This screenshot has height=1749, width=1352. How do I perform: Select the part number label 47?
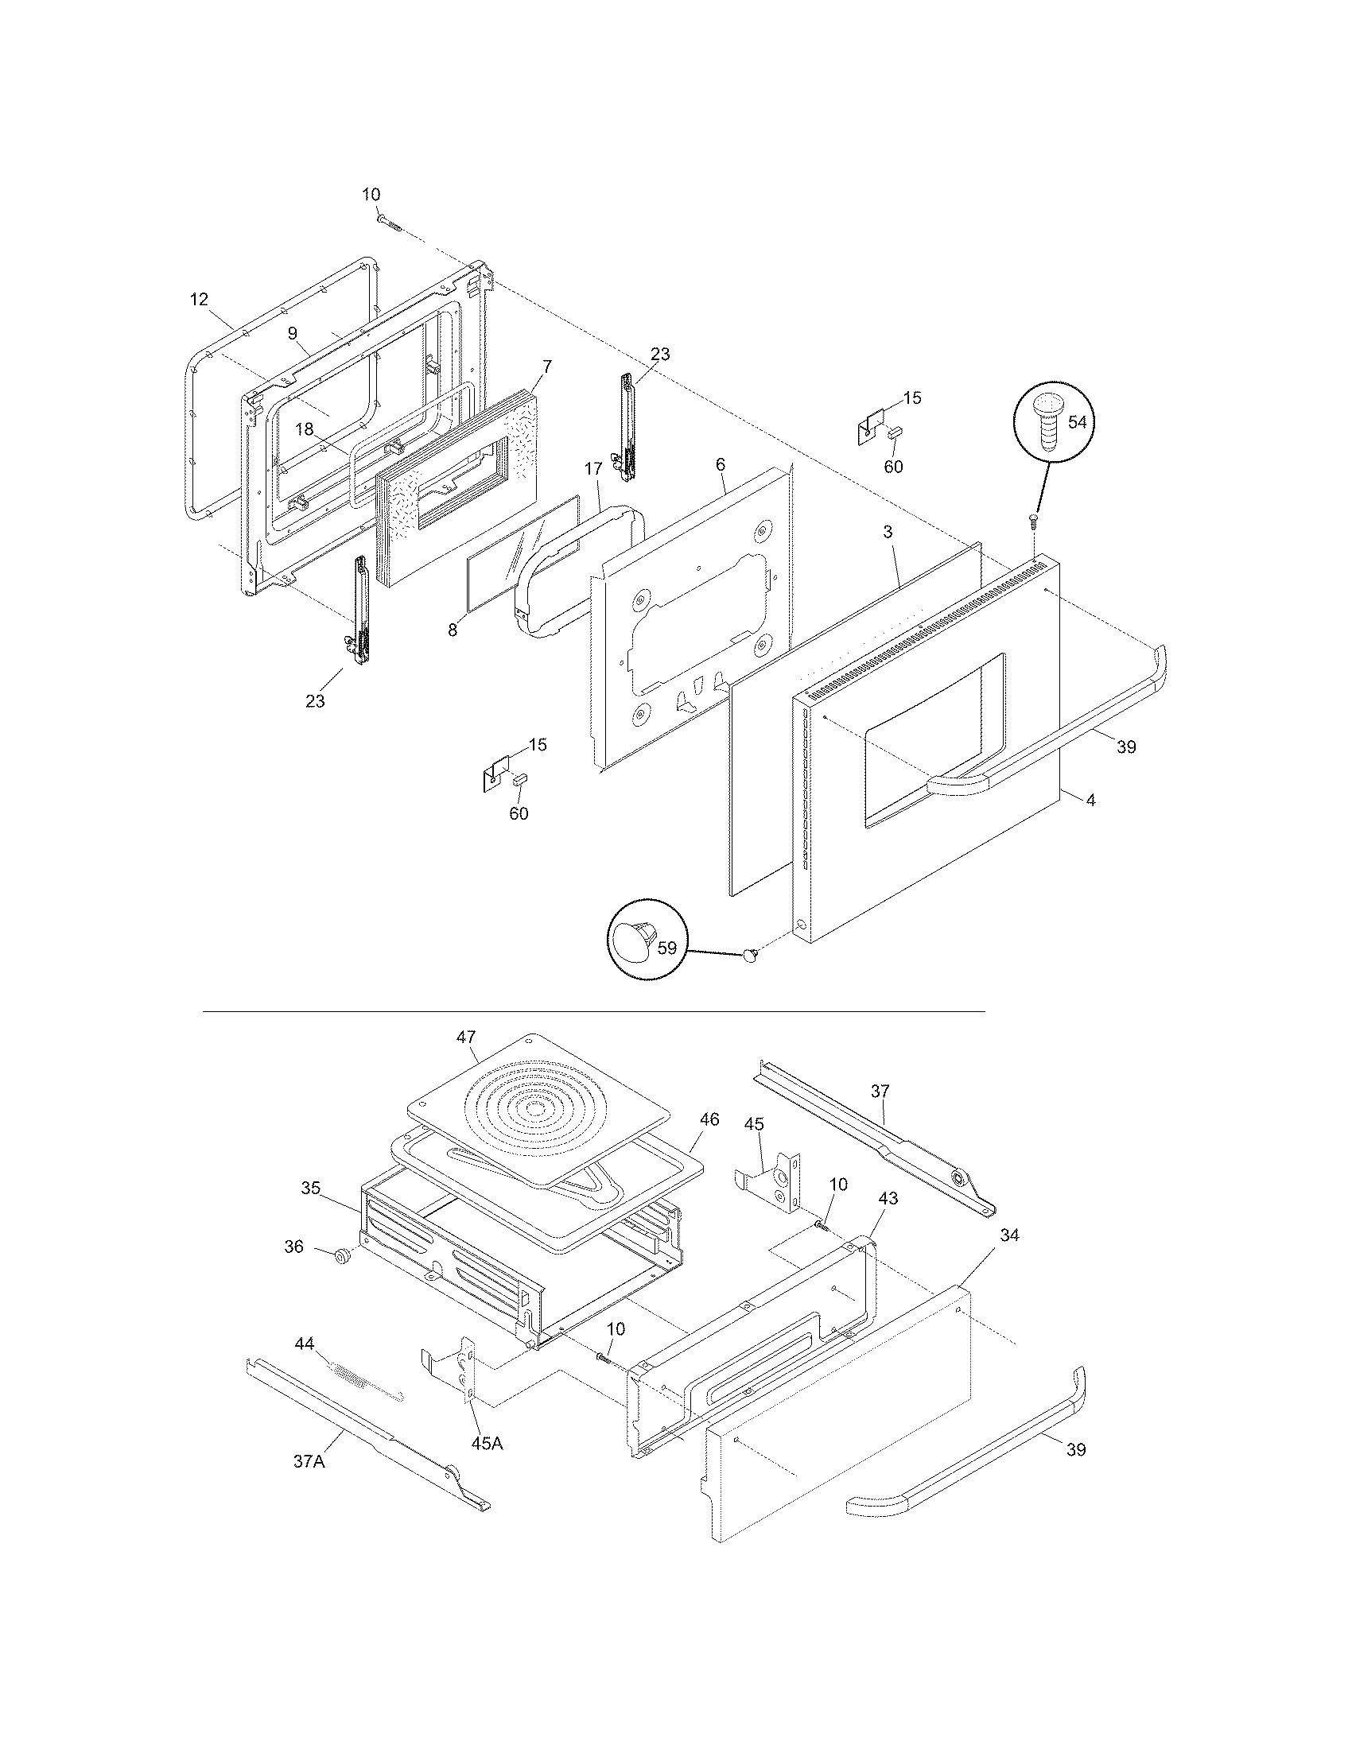click(466, 1037)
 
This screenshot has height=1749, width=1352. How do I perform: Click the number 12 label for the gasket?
click(199, 299)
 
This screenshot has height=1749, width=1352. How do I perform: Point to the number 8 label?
click(453, 630)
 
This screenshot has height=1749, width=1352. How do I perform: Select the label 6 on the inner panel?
click(720, 464)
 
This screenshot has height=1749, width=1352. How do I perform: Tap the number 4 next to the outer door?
click(1090, 799)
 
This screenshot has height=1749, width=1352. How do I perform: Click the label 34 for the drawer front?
click(1009, 1235)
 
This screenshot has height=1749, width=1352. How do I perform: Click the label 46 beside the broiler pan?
click(709, 1119)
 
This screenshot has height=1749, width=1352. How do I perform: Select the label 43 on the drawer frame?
click(888, 1198)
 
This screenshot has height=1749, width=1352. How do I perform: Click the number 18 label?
click(305, 429)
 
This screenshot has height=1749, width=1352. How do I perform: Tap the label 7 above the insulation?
click(547, 366)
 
